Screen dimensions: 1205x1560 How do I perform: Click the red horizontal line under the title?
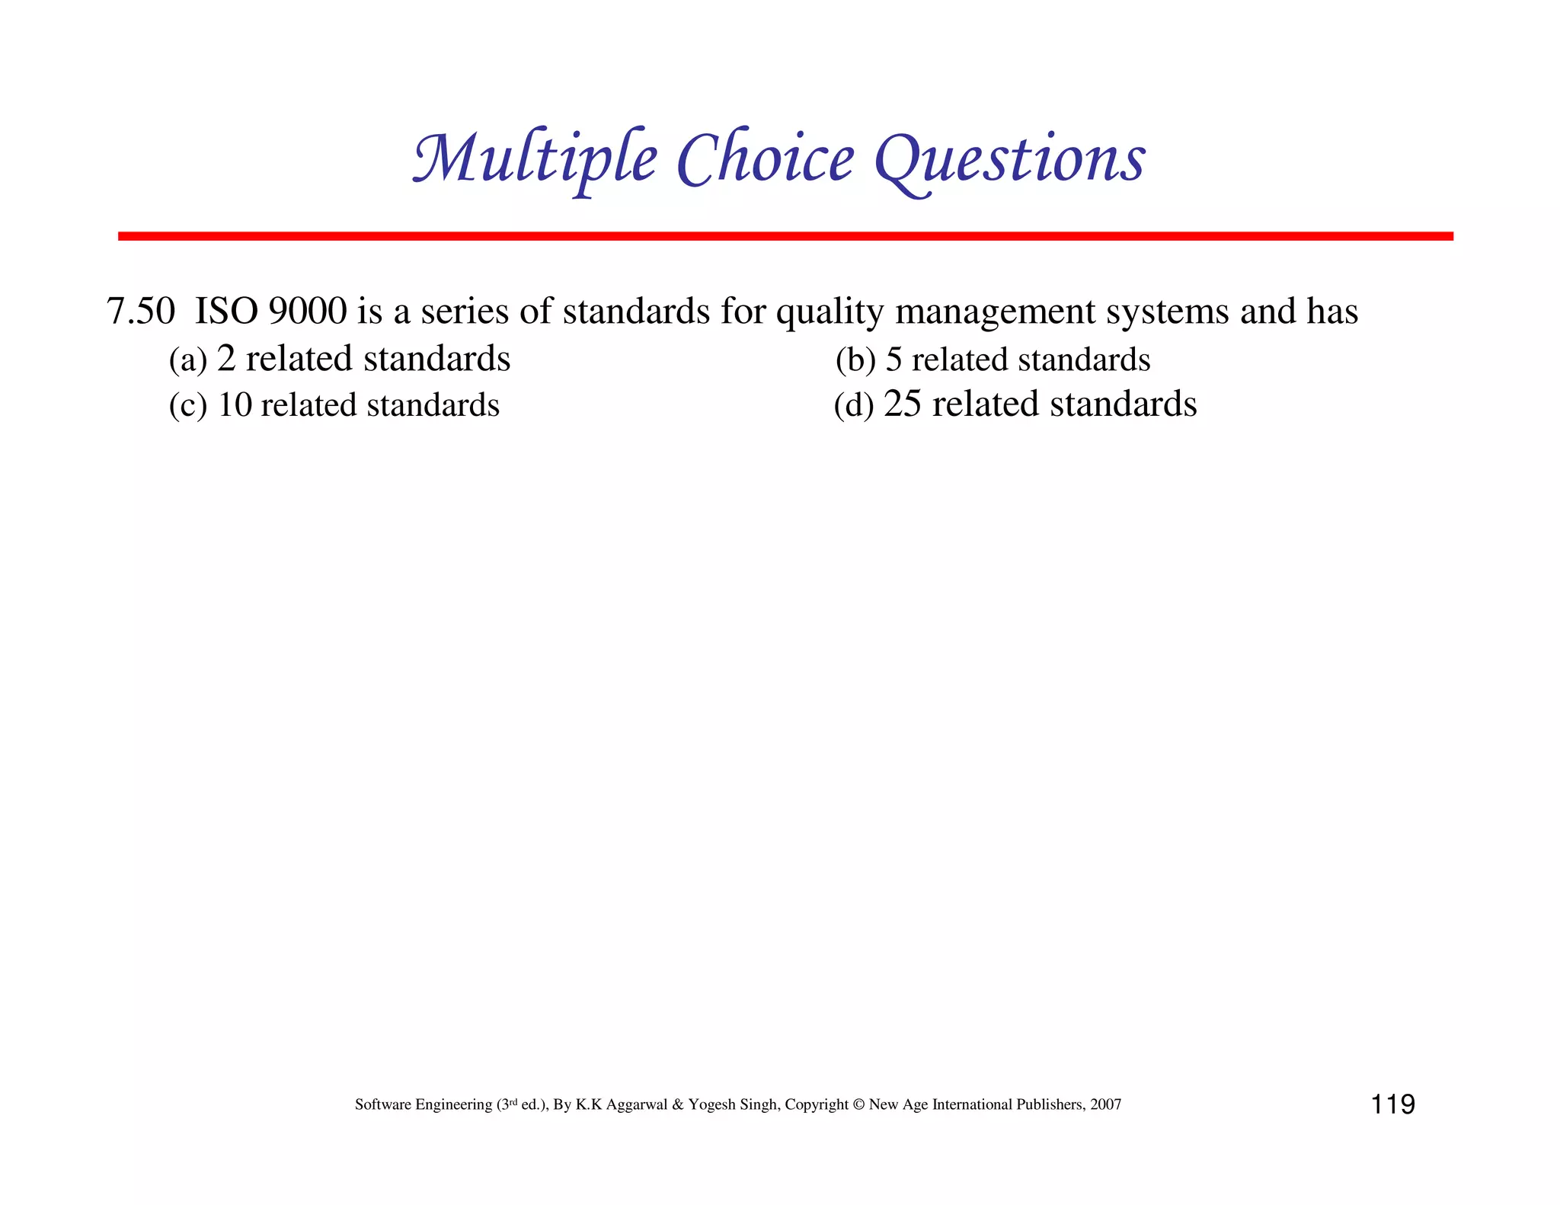pyautogui.click(x=785, y=236)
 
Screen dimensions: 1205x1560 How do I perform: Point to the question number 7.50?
pyautogui.click(x=140, y=312)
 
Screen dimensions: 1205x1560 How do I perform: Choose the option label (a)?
pyautogui.click(x=187, y=360)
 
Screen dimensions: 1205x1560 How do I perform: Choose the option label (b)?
pyautogui.click(x=855, y=360)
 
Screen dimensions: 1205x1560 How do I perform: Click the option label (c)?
pyautogui.click(x=187, y=406)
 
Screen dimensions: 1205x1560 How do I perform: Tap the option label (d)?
pyautogui.click(x=853, y=405)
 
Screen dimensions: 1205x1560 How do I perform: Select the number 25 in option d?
pyautogui.click(x=903, y=404)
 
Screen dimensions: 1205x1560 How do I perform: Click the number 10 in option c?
pyautogui.click(x=235, y=405)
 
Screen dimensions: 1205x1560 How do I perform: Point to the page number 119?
pyautogui.click(x=1392, y=1104)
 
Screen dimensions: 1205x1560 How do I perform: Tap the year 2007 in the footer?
pyautogui.click(x=1105, y=1104)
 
